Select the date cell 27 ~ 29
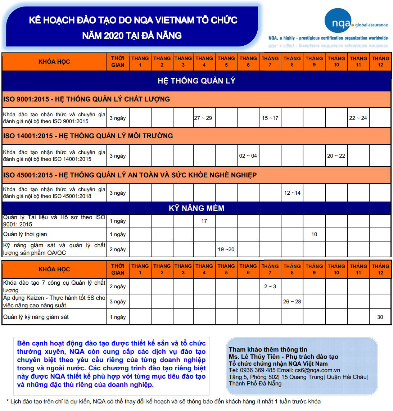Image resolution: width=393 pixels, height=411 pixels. point(203,118)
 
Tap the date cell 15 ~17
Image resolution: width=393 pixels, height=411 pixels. point(270,118)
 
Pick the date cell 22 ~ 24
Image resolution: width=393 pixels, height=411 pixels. point(358,118)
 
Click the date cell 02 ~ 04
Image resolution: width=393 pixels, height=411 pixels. point(248,156)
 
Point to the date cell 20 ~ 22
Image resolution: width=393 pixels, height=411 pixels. point(336,156)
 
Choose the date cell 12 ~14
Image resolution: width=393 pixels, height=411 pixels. point(292,193)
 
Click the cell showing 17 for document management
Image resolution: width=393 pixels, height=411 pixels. point(204,221)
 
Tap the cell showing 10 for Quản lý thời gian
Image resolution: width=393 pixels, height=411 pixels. point(314,234)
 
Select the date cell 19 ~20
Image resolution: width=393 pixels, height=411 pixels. point(226,249)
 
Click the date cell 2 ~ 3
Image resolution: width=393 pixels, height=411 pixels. point(270,286)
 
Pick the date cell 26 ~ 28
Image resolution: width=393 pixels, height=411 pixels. point(292,302)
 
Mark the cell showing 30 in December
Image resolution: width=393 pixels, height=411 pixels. point(380,317)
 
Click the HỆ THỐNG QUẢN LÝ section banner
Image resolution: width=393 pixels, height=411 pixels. point(196,81)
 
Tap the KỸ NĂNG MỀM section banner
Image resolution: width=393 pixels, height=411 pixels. point(196,208)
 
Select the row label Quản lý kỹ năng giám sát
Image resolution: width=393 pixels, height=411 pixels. point(36,317)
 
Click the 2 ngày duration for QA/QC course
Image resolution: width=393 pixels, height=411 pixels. point(118,249)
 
